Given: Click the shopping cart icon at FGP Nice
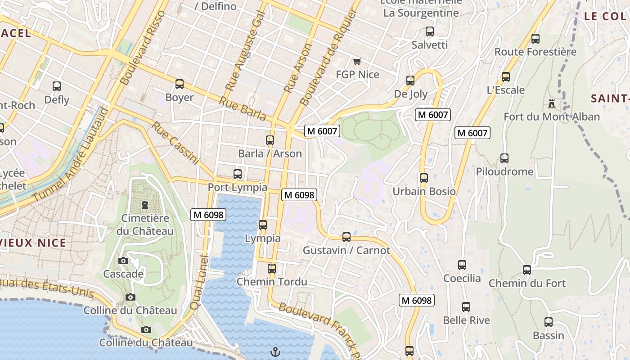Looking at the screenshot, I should pos(357,61).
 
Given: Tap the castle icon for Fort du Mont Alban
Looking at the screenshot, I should pos(552,103).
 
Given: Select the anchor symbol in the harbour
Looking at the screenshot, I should pos(275,351).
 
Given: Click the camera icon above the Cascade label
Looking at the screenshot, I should pos(123,261).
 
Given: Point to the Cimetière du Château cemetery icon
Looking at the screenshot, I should pos(145,205).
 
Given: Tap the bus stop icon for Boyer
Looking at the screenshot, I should pos(180,84).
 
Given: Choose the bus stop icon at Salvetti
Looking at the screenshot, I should pos(430,31).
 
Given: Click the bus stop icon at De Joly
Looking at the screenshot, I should pos(410,81).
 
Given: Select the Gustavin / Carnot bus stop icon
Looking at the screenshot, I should pos(346,237).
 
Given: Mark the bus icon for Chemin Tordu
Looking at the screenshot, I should pos(272,269).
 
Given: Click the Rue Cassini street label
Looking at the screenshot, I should pos(175,143).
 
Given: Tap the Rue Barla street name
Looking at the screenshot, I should pos(243,108).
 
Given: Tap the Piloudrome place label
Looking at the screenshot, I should pos(504,171).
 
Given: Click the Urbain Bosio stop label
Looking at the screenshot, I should pos(424,191).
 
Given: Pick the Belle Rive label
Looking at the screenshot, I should pos(466,320).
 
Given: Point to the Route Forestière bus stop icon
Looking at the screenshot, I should pos(535,39).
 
